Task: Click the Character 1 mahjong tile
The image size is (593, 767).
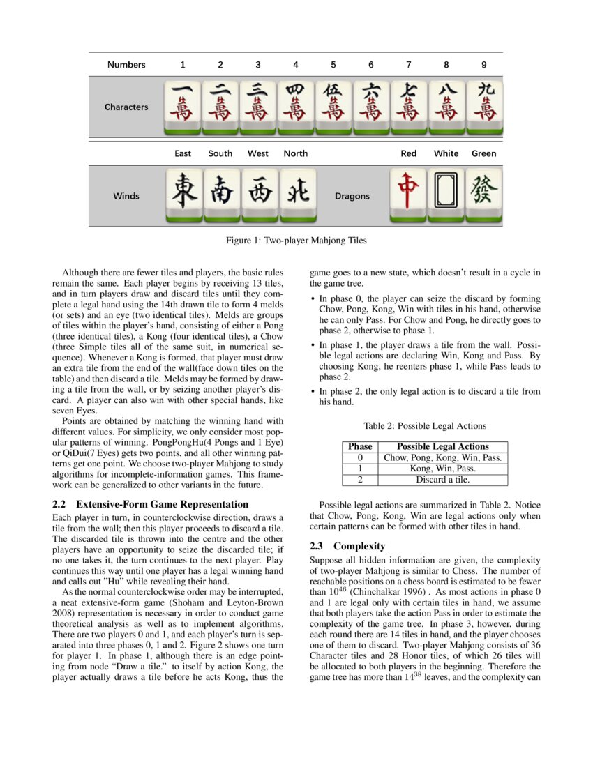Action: click(182, 107)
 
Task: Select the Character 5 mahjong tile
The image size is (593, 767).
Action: click(333, 107)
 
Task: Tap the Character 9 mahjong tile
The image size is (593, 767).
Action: click(483, 107)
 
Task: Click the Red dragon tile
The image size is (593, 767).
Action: click(408, 195)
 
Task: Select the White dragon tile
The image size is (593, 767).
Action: click(446, 195)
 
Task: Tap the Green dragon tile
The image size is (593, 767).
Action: click(483, 195)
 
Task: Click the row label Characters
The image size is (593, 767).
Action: click(126, 107)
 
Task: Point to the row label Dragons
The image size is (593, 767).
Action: click(352, 197)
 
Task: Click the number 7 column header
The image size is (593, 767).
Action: click(409, 65)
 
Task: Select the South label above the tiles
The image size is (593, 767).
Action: click(220, 153)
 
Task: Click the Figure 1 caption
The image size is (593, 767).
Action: click(296, 241)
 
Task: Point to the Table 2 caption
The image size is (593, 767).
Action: click(425, 426)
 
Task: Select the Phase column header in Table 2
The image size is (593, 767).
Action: click(360, 446)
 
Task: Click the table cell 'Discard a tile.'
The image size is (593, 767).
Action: click(442, 480)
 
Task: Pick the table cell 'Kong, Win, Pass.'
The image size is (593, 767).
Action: click(442, 469)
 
